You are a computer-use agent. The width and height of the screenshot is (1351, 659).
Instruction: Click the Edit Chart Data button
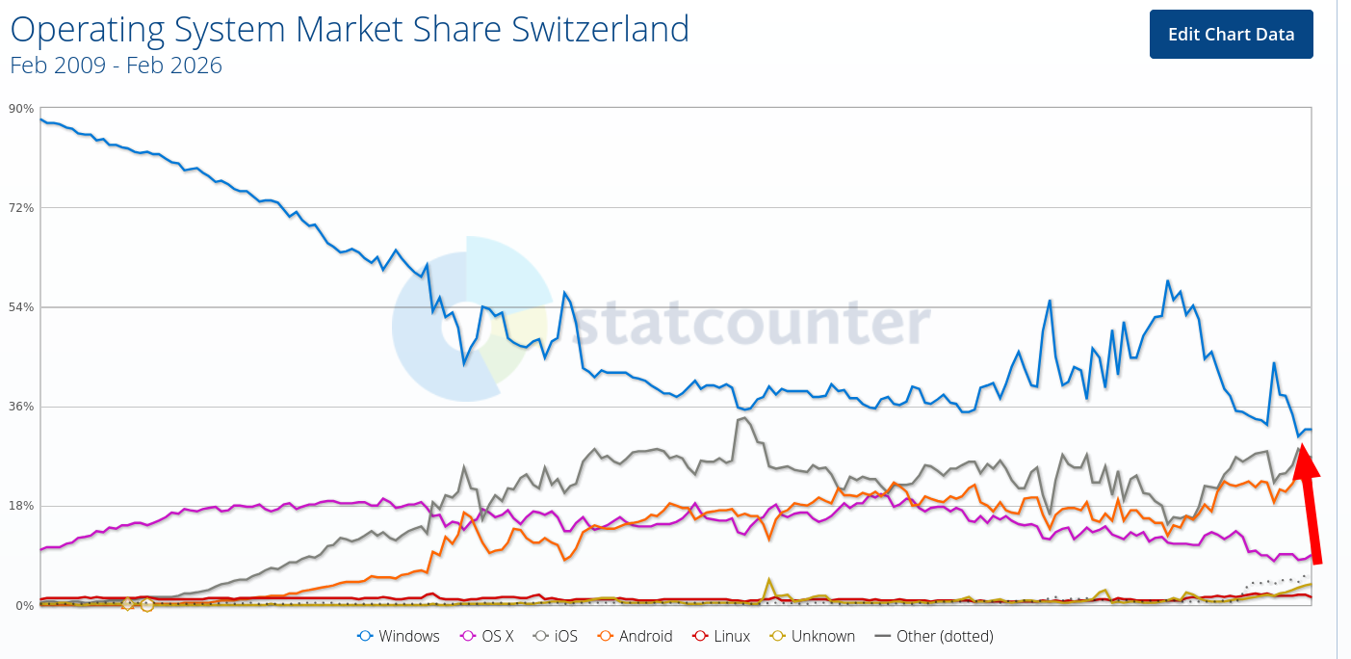click(x=1231, y=35)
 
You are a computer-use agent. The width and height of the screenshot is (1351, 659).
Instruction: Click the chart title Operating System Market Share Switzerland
click(x=350, y=30)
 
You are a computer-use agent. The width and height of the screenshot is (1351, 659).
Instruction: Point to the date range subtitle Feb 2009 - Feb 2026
click(x=116, y=66)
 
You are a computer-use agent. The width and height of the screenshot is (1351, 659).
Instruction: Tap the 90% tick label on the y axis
click(x=20, y=108)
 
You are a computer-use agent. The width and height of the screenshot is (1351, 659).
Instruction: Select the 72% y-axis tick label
click(x=20, y=207)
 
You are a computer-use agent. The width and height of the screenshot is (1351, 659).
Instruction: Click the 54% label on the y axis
click(x=20, y=306)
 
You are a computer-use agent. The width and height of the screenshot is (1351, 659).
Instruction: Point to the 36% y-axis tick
click(x=20, y=406)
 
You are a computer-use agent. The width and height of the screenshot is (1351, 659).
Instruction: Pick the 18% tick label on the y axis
click(x=20, y=506)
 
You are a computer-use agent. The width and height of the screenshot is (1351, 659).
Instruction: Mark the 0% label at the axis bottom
click(x=23, y=605)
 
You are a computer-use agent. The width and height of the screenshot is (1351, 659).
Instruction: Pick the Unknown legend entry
click(x=812, y=636)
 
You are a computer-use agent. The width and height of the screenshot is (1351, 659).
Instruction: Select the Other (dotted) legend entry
click(x=933, y=636)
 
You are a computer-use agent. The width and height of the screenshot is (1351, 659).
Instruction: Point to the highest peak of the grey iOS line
click(x=744, y=417)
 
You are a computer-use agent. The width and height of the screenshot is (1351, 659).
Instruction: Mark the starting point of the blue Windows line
click(x=39, y=119)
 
